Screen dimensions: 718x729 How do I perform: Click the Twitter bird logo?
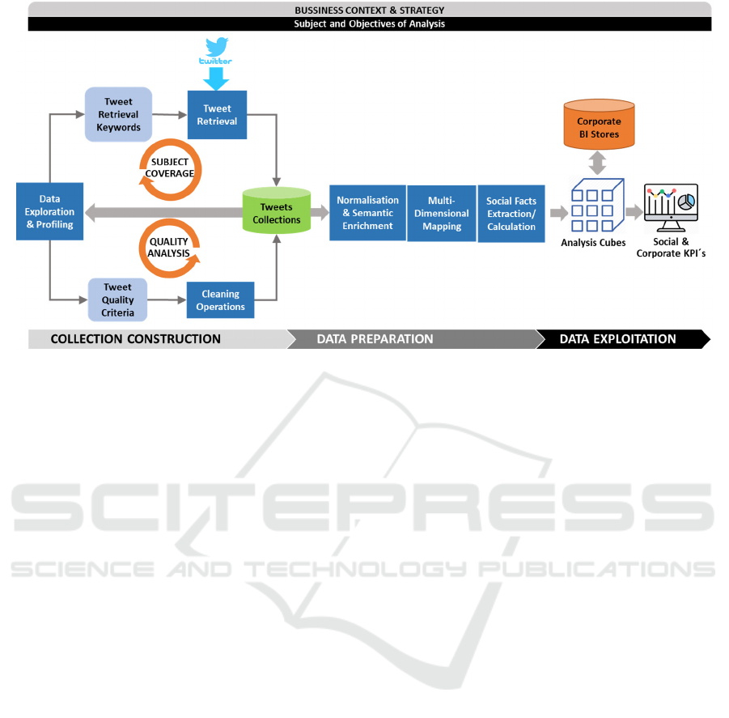(x=216, y=46)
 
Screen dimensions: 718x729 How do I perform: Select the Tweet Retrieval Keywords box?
(x=118, y=114)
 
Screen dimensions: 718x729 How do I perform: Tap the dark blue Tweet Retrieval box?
(x=217, y=114)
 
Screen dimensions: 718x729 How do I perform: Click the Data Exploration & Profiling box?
(x=49, y=211)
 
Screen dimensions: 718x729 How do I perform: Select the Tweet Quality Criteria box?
(x=118, y=300)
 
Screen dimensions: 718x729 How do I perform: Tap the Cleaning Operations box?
(x=220, y=300)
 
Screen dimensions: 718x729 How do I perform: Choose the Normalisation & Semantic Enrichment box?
(x=367, y=213)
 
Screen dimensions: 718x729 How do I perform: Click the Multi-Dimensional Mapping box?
(x=442, y=213)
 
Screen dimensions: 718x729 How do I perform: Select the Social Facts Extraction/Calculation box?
(x=511, y=213)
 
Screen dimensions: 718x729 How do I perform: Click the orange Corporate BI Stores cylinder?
(x=599, y=126)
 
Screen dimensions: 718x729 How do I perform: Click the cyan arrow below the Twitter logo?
(x=216, y=78)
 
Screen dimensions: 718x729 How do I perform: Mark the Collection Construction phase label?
(x=135, y=339)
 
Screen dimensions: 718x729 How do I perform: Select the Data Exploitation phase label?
(x=617, y=339)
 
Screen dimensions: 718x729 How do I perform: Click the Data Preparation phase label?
(x=375, y=339)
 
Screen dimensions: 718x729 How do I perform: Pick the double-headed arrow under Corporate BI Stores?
(x=599, y=164)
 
